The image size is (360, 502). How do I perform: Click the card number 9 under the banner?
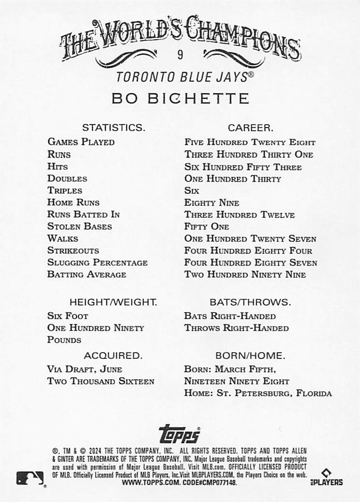point(180,55)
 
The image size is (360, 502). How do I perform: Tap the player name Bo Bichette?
point(180,99)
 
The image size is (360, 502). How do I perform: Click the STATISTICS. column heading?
point(113,128)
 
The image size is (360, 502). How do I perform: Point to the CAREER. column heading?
point(250,128)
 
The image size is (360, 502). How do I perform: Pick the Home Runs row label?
point(73,202)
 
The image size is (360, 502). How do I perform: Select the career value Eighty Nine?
point(212,203)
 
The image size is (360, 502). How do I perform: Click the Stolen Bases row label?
point(79,227)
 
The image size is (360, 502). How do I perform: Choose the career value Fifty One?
point(207,227)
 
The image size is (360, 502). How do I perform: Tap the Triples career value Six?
point(191,191)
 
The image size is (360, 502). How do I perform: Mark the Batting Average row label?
point(86,274)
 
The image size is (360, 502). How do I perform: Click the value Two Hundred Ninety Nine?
point(245,274)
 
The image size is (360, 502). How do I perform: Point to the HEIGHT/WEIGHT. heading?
point(113,302)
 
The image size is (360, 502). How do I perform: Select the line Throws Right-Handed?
point(236,328)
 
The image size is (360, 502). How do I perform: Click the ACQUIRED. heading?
point(113,356)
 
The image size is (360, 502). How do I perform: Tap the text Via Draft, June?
point(85,369)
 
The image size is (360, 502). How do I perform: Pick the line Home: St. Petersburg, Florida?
point(258,393)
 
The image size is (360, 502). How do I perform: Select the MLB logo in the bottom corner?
point(29,478)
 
